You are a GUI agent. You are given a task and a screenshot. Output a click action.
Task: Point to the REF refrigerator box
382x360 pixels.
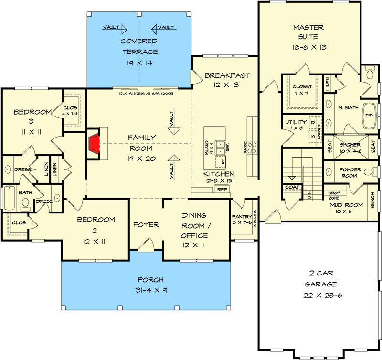click(x=222, y=190)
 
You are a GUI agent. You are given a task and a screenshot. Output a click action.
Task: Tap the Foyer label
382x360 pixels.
click(x=146, y=225)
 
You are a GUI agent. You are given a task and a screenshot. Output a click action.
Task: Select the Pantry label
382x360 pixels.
click(x=242, y=216)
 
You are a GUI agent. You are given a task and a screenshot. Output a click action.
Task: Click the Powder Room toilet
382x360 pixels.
click(x=368, y=172)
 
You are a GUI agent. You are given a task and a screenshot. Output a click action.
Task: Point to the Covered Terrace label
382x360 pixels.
click(x=139, y=46)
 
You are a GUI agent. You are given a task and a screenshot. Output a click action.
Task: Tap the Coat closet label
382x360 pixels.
click(x=292, y=187)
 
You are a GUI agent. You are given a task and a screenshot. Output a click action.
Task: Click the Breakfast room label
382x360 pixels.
click(x=227, y=76)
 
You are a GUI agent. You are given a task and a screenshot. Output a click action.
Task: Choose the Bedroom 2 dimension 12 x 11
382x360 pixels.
click(x=96, y=242)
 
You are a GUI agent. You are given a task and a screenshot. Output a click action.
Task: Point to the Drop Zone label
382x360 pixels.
click(x=334, y=195)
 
